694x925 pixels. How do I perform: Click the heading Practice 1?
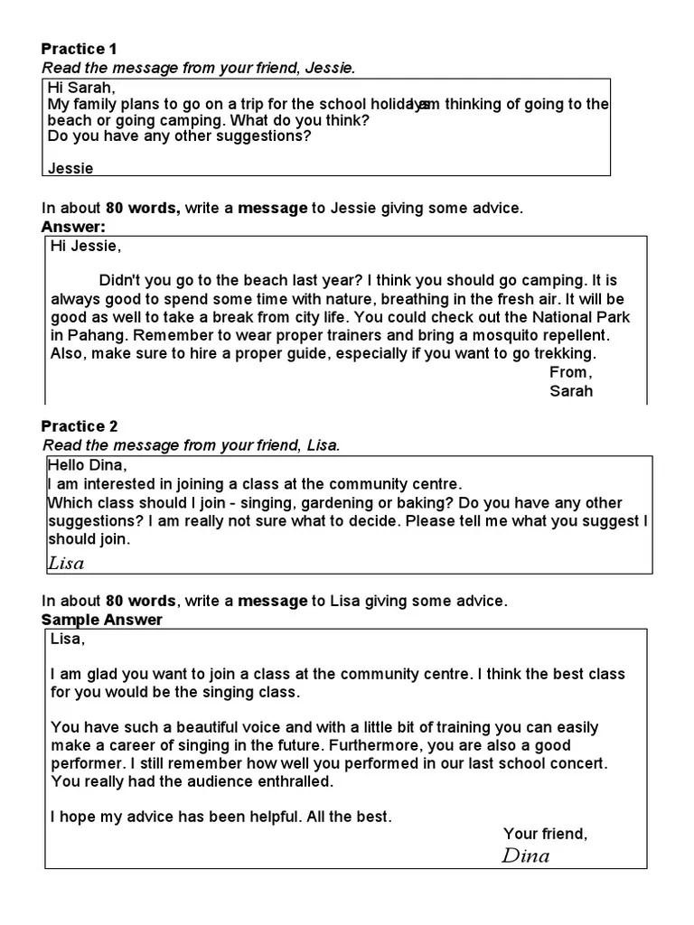(x=80, y=49)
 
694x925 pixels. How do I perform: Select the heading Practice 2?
(x=80, y=426)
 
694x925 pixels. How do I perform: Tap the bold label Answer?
(x=74, y=226)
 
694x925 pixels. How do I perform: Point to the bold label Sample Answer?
(x=102, y=620)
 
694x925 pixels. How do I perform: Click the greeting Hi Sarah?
(x=82, y=88)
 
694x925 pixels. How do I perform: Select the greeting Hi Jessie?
(x=85, y=246)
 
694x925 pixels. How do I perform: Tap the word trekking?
(x=564, y=353)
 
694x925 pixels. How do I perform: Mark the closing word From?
(x=570, y=372)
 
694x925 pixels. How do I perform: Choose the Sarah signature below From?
(x=571, y=391)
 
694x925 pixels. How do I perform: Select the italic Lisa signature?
(x=65, y=563)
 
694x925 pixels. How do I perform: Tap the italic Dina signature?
(x=525, y=855)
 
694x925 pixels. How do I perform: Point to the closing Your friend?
(x=545, y=834)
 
